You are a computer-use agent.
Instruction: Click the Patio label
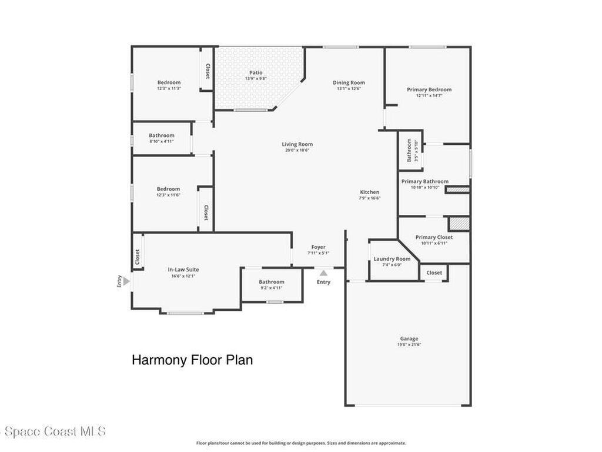(x=256, y=72)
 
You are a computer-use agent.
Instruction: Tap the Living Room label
(x=297, y=144)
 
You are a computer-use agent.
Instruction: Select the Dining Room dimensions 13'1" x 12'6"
(x=349, y=88)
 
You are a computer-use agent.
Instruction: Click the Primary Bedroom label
(x=429, y=89)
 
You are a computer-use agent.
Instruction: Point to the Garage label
(x=409, y=338)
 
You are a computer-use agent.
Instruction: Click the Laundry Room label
(x=392, y=259)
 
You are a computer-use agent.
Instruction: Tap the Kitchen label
(x=369, y=192)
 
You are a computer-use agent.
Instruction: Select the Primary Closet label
(x=434, y=237)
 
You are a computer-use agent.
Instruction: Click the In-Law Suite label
(x=183, y=270)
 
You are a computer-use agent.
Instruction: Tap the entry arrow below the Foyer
(x=324, y=273)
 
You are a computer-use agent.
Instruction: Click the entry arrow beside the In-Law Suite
(x=126, y=281)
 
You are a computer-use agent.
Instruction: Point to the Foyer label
(x=318, y=247)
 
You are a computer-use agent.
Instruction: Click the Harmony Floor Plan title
(x=192, y=360)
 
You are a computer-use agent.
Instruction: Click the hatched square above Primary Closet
(x=459, y=224)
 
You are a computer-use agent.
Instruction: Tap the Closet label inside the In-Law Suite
(x=138, y=257)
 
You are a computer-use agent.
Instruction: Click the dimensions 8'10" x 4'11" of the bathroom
(x=162, y=141)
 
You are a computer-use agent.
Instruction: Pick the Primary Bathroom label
(x=424, y=181)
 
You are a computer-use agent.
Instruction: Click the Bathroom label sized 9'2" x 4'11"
(x=272, y=282)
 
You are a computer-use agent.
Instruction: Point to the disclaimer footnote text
(x=301, y=443)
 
